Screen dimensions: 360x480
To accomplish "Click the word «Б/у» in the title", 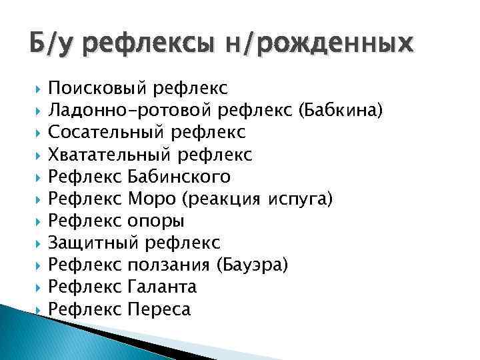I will pos(52,43).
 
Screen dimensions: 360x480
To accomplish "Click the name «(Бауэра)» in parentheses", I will pos(253,265).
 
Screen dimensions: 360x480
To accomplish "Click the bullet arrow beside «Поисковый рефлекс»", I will pos(39,88).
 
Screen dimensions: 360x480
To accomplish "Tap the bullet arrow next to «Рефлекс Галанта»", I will pos(39,287).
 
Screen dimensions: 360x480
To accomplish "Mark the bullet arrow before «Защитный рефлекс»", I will pos(39,243).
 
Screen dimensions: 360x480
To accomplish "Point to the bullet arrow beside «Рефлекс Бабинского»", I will pos(39,177).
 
